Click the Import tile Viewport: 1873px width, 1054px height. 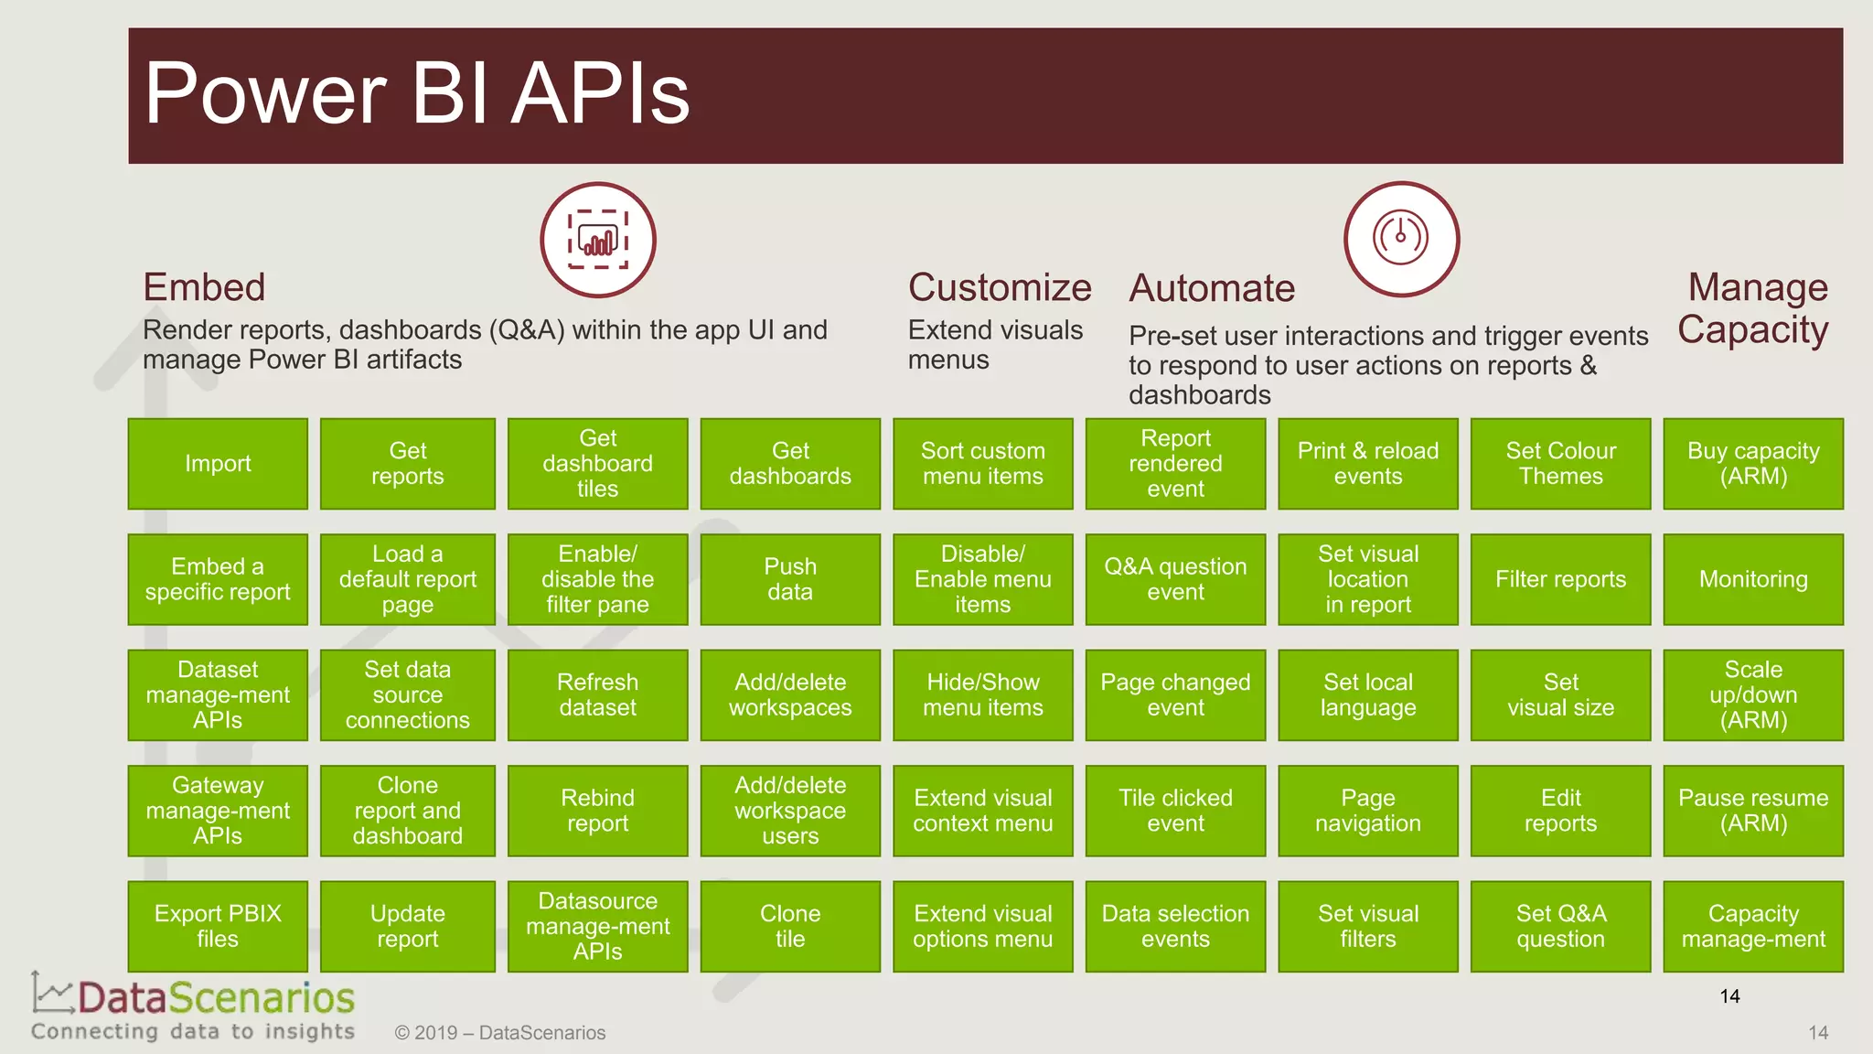(218, 464)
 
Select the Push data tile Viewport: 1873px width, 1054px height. (790, 579)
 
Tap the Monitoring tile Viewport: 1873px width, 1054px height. (1753, 579)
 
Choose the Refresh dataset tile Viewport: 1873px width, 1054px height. (597, 694)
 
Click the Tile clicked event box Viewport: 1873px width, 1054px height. (1175, 811)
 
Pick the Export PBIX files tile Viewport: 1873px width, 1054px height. (218, 926)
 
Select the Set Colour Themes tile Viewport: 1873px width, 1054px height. (1560, 464)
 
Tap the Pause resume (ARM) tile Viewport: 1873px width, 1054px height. (1753, 811)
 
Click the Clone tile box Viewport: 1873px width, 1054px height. (790, 926)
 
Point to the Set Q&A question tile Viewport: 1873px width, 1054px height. (1560, 926)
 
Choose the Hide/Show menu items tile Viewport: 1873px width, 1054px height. (982, 694)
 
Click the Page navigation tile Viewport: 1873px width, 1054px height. (1367, 811)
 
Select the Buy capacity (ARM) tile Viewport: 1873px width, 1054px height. (1753, 464)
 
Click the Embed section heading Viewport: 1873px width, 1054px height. (204, 287)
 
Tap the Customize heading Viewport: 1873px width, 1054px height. (1000, 287)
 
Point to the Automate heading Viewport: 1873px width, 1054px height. (1212, 288)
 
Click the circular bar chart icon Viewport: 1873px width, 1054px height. (598, 240)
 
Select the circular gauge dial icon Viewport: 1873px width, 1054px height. (1401, 239)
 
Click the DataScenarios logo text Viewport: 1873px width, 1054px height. (216, 998)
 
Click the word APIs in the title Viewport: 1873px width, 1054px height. (600, 94)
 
